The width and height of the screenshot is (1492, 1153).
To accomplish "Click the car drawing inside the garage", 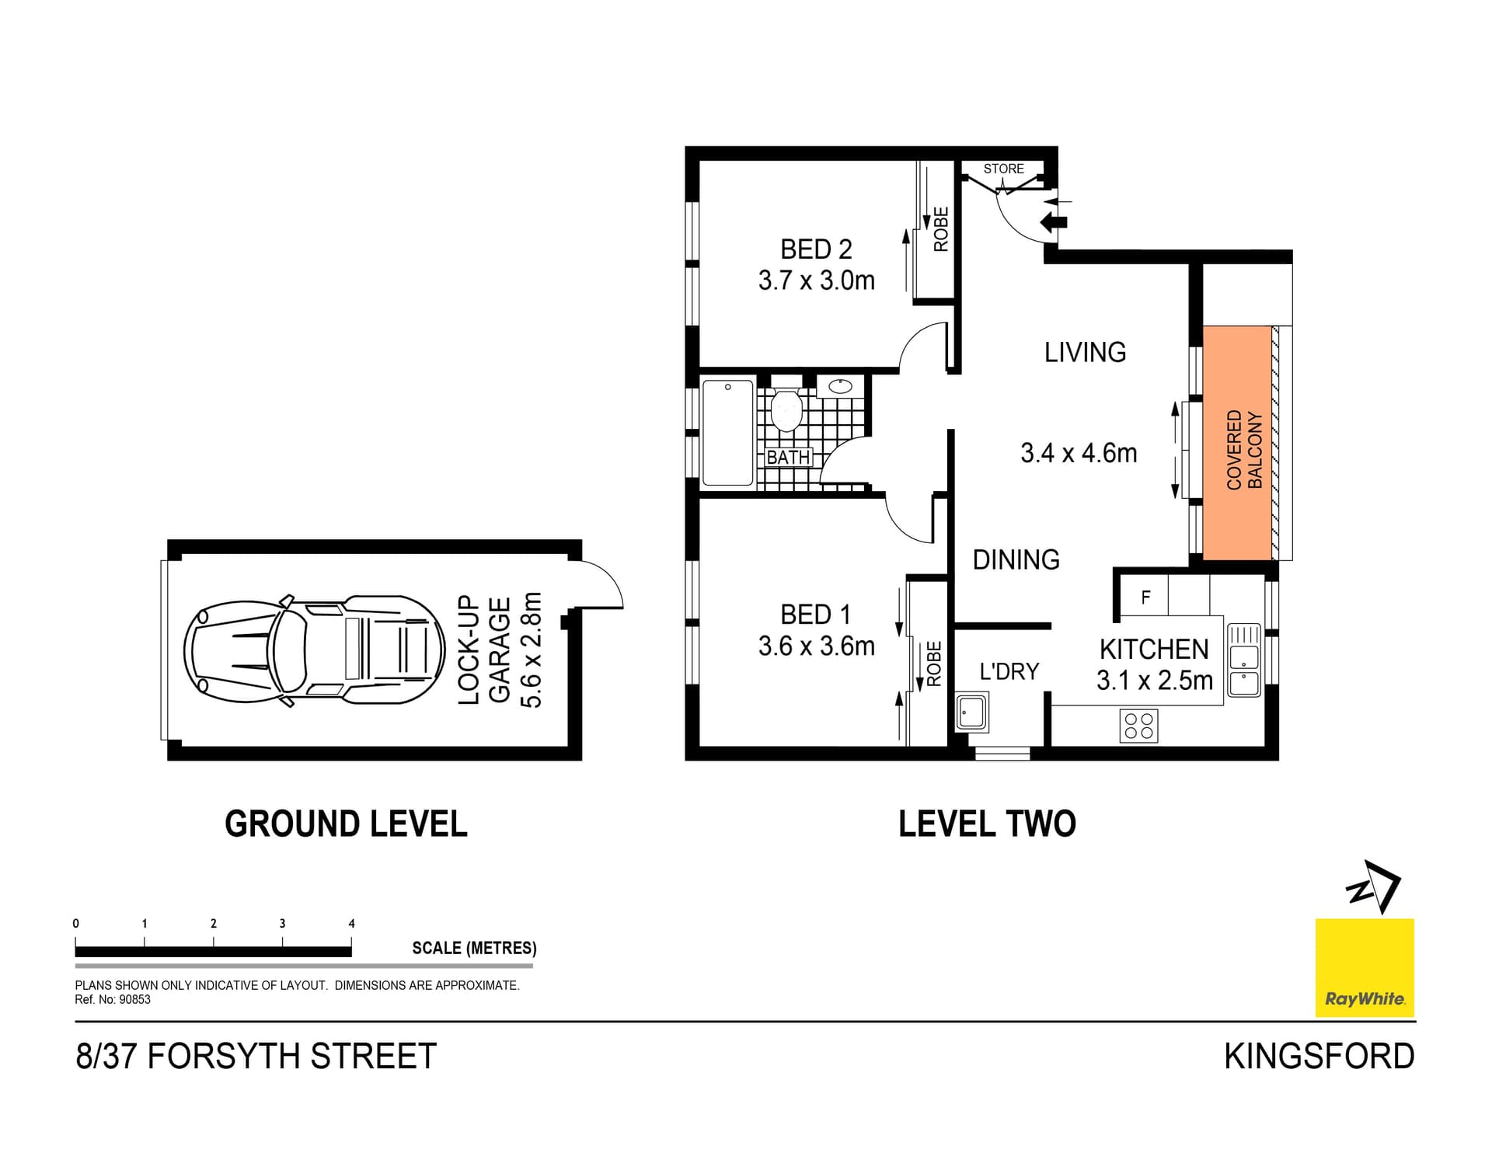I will point(314,650).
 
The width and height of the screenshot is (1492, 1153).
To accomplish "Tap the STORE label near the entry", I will point(1003,169).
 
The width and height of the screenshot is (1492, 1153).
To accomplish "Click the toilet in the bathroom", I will point(786,410).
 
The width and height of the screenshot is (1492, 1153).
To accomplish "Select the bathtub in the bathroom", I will point(727,432).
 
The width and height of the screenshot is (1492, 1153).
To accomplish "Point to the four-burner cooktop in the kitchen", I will point(1138,726).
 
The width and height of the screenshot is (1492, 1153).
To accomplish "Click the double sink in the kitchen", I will point(1243,660).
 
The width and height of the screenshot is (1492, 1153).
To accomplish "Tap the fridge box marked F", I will point(1145,597).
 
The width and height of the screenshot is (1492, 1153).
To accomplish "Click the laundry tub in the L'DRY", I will point(971,712).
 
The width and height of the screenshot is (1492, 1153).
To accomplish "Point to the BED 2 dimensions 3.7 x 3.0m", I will point(816,280).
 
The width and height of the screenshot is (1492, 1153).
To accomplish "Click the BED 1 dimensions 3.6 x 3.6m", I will point(816,646).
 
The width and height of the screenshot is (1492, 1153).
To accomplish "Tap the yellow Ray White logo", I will point(1364,967).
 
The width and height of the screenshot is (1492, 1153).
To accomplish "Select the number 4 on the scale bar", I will point(351,924).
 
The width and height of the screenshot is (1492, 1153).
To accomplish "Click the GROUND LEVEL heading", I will point(346,824).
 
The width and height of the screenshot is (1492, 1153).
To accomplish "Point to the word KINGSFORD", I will point(1319,1057).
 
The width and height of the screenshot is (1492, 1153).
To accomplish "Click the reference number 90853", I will point(134,1000).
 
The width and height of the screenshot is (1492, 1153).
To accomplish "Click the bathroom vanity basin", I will point(840,386).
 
